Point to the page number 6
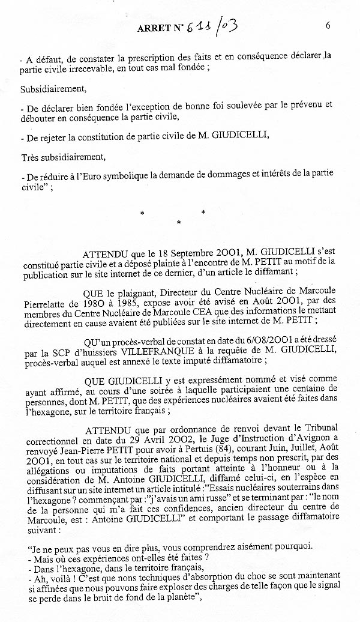[x=328, y=25]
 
